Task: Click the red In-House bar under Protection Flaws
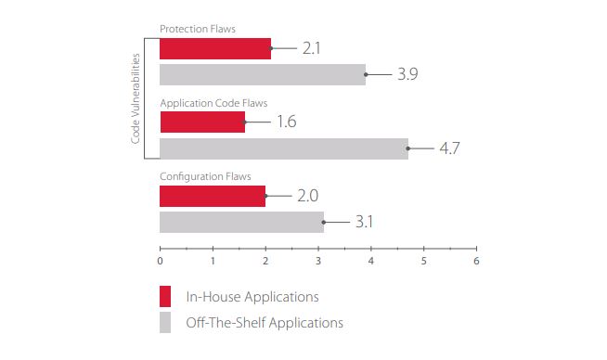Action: coord(215,49)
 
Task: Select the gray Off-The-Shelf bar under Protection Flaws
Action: coord(263,75)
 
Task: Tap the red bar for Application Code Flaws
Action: coord(202,122)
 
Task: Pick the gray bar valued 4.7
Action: coord(284,148)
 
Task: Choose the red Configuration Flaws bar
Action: coord(213,197)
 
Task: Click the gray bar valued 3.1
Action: coord(241,222)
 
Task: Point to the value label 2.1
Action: coord(312,48)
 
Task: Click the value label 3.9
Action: coord(407,74)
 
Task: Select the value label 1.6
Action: coord(287,122)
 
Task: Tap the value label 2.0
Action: coord(308,196)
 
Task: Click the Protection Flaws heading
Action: coord(198,29)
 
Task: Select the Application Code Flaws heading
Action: coord(213,103)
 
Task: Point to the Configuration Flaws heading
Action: coord(205,177)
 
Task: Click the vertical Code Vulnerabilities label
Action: coord(136,98)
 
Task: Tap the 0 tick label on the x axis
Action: coord(160,261)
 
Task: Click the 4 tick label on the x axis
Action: coord(371,261)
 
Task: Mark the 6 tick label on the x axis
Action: coord(476,261)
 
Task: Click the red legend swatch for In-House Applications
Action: coord(165,297)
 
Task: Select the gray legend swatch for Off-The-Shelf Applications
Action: coord(165,323)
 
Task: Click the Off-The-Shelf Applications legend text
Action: coord(265,323)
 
